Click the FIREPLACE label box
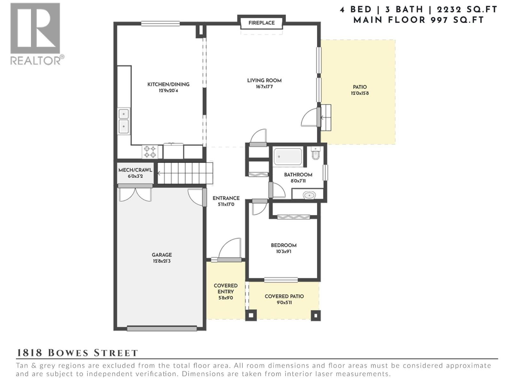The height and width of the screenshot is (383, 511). [261, 23]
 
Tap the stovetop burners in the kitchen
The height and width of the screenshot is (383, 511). [149, 152]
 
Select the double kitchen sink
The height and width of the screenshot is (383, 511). [124, 121]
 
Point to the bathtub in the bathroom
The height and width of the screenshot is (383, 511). [288, 157]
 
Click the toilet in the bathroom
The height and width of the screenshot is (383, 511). [316, 154]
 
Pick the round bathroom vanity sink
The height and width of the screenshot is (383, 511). [309, 195]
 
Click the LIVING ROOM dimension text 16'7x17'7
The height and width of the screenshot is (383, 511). [264, 87]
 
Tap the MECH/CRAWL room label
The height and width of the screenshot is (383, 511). [135, 170]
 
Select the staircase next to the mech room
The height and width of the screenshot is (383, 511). [185, 173]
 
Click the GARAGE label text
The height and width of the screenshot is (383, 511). [162, 255]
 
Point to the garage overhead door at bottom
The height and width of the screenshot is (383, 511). [162, 328]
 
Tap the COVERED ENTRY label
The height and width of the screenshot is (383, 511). [225, 289]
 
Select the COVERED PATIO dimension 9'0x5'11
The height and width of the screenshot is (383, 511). [284, 303]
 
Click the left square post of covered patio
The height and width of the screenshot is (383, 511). [251, 315]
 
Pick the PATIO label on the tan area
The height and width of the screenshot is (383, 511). [360, 87]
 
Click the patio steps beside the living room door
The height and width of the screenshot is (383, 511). [326, 117]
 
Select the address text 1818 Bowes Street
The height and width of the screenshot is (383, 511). [77, 353]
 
